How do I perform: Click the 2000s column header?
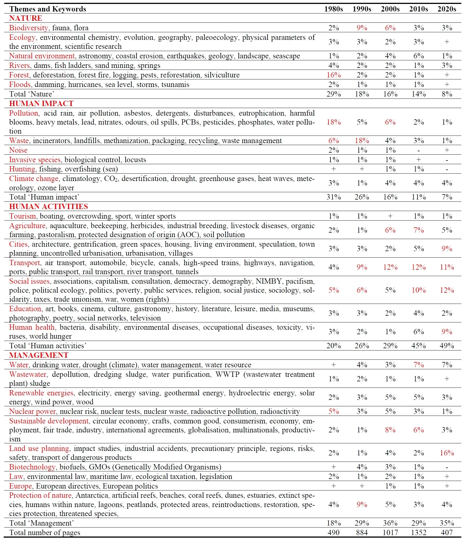[x=390, y=9]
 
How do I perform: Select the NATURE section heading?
[x=26, y=18]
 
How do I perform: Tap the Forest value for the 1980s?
[x=334, y=75]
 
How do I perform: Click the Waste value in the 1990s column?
[x=362, y=141]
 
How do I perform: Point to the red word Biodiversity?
[x=28, y=28]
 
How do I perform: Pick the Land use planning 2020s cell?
[x=447, y=453]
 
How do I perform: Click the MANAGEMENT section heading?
[x=39, y=355]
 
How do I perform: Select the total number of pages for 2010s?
[x=418, y=533]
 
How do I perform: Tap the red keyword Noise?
[x=18, y=150]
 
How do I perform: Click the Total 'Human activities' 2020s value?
[x=447, y=346]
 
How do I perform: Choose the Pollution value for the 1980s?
[x=334, y=122]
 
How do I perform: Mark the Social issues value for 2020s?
[x=447, y=290]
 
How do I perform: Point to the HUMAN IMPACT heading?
[x=41, y=104]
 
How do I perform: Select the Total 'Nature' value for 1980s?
[x=334, y=94]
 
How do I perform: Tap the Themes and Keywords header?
[x=48, y=9]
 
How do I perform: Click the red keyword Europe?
[x=21, y=486]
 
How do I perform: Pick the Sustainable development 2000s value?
[x=390, y=430]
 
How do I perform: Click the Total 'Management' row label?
[x=42, y=523]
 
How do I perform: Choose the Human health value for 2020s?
[x=447, y=332]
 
